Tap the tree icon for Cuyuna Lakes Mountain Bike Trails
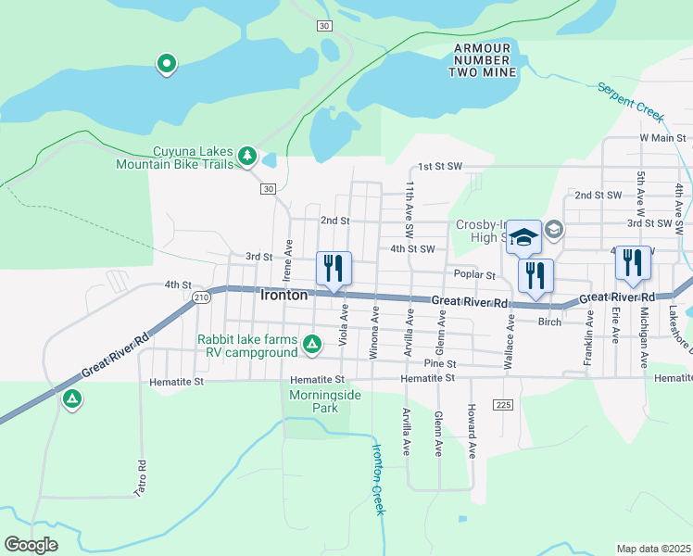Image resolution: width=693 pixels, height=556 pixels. [x=246, y=157]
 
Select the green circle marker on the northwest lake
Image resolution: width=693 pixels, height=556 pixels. [x=167, y=65]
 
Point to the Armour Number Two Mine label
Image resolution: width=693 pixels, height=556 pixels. [x=482, y=59]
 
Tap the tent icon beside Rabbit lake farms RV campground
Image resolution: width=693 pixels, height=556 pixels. [x=313, y=346]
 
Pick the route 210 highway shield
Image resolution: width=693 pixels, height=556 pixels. [x=202, y=297]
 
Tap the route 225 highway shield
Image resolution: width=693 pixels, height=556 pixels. [x=503, y=406]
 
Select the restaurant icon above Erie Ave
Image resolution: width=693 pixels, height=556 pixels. [x=633, y=262]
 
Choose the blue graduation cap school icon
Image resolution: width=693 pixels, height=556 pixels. [x=523, y=238]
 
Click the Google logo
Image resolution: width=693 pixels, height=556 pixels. [x=31, y=545]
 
